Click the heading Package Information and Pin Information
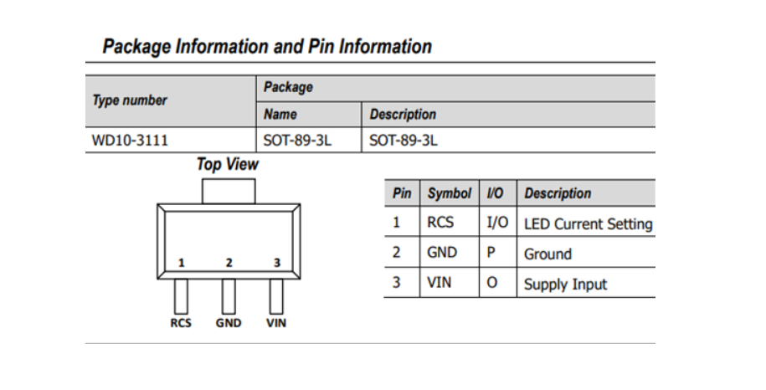pyautogui.click(x=267, y=47)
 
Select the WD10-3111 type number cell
pyautogui.click(x=124, y=141)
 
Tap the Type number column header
pyautogui.click(x=130, y=100)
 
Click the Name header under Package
pyautogui.click(x=280, y=115)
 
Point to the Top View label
pyautogui.click(x=228, y=165)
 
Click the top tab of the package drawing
pyautogui.click(x=228, y=191)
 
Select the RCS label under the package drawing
pyautogui.click(x=181, y=324)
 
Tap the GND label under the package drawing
pyautogui.click(x=229, y=324)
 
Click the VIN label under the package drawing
pyautogui.click(x=276, y=324)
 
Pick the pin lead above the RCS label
pyautogui.click(x=181, y=295)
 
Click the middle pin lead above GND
pyautogui.click(x=229, y=295)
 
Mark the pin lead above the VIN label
pyautogui.click(x=276, y=295)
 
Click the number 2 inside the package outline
pyautogui.click(x=229, y=263)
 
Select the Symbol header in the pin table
pyautogui.click(x=450, y=193)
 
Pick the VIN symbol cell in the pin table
pyautogui.click(x=440, y=283)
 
